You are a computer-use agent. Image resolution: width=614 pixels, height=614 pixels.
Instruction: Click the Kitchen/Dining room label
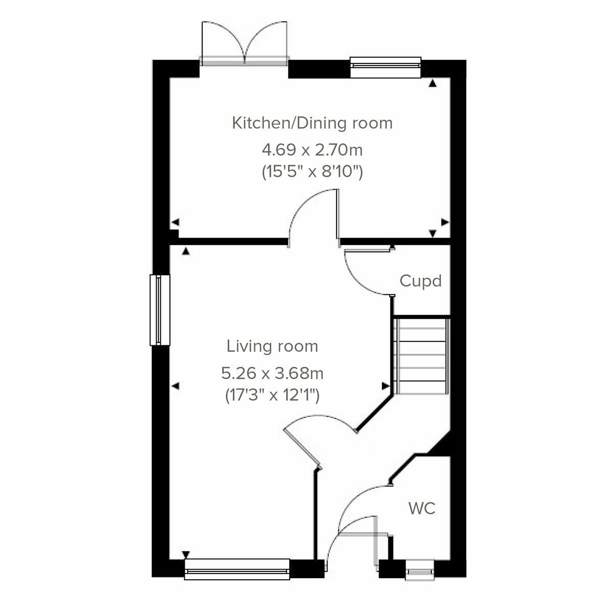coord(312,123)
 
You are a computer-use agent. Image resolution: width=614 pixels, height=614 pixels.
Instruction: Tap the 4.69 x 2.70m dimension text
coord(312,150)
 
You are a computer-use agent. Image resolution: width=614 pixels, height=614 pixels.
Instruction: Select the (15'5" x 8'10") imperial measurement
coord(312,171)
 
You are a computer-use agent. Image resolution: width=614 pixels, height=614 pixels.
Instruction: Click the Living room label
coord(272,346)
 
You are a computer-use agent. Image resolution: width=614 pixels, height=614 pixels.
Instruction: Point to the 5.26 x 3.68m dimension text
coord(272,373)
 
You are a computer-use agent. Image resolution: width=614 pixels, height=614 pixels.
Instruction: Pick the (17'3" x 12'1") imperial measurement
coord(272,395)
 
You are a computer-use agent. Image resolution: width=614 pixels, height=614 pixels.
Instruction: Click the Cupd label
coord(420,281)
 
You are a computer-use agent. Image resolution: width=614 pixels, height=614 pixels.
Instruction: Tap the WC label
coord(422,509)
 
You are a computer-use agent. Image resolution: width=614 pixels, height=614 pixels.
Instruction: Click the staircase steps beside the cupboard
coord(422,355)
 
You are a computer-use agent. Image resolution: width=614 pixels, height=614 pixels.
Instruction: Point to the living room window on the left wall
coord(160,310)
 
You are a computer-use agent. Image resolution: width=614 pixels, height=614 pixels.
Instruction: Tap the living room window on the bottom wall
coord(237,569)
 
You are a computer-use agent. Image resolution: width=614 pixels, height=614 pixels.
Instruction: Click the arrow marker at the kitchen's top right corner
coord(433,84)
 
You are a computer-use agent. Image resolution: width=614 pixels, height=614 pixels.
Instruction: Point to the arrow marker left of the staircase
coord(385,385)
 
